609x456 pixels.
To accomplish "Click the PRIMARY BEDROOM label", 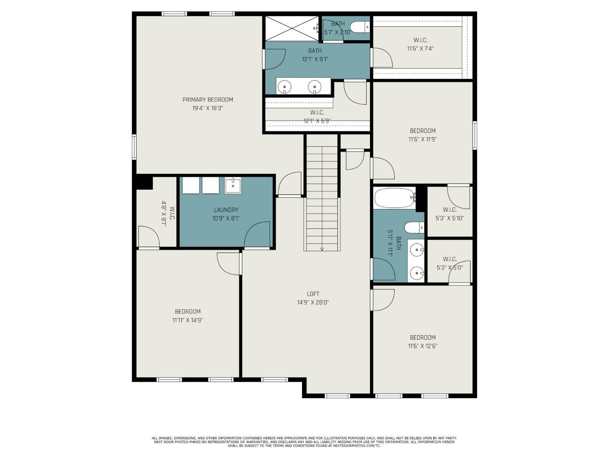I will (x=207, y=100).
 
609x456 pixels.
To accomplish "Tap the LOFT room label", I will (x=313, y=294).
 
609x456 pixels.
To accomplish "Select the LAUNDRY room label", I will (x=226, y=210).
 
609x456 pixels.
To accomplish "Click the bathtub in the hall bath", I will (x=394, y=198).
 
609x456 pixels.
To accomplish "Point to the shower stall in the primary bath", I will (x=292, y=28).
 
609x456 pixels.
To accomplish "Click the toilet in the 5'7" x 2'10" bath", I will (x=360, y=28).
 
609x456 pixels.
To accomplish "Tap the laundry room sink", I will (x=233, y=185).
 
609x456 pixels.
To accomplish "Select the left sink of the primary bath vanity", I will (x=285, y=86).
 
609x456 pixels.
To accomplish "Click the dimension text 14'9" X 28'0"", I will (x=313, y=302).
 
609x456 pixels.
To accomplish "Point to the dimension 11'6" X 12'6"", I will (x=423, y=346).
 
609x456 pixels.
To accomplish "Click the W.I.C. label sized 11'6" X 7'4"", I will (x=420, y=40).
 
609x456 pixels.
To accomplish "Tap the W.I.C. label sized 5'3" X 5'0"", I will (x=449, y=259).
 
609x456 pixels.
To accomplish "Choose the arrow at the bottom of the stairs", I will (x=322, y=248).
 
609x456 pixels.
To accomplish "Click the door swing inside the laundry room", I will (x=258, y=234).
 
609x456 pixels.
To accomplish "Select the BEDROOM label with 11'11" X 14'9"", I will (x=188, y=312).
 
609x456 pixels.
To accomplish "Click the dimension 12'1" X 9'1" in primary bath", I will (x=315, y=59).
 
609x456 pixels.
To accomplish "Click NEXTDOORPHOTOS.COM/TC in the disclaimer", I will (x=356, y=445).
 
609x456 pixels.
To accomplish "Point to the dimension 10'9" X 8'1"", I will (x=226, y=218).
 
